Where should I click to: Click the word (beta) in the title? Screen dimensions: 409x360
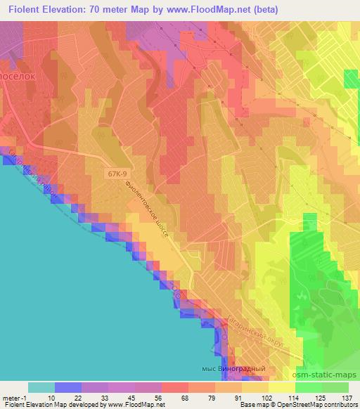pos(264,10)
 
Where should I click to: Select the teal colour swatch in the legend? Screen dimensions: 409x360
pos(41,387)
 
